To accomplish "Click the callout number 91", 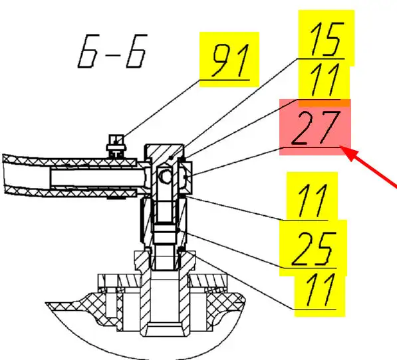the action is (230, 60).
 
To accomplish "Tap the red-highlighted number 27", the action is (315, 128).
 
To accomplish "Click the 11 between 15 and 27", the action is (324, 80).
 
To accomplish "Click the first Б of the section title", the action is (88, 51).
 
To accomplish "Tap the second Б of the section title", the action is (136, 51).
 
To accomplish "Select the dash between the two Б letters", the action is (112, 54).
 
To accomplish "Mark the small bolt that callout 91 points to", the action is (116, 147).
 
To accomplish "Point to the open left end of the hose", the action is (5, 174).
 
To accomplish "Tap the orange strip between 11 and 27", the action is (325, 103).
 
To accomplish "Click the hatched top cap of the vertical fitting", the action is (164, 152).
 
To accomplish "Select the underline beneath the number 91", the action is (225, 80).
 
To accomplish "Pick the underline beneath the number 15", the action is (321, 59).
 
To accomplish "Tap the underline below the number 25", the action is (309, 268).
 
